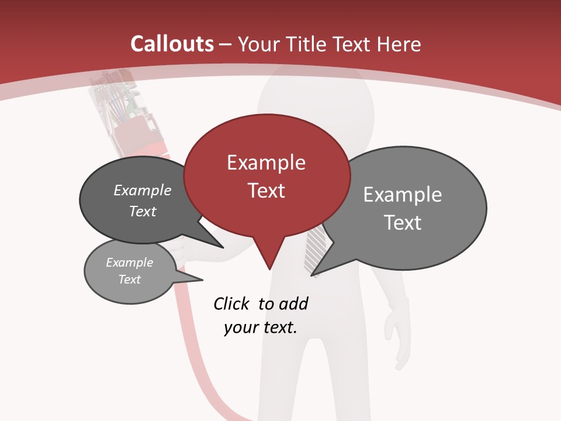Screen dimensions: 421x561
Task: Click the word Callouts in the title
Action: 172,44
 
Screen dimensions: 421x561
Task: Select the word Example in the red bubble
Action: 266,163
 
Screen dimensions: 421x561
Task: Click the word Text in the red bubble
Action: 266,191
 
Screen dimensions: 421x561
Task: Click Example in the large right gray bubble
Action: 402,195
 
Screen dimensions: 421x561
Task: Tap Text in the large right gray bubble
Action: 402,223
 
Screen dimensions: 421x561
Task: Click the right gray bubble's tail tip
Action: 313,274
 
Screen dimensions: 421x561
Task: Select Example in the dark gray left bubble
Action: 142,190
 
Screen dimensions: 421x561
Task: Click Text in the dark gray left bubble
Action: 142,211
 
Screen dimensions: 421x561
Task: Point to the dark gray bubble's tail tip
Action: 223,247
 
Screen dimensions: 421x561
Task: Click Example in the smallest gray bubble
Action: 129,263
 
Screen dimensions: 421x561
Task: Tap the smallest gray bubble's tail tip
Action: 202,279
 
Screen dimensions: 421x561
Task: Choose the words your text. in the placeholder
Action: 260,327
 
